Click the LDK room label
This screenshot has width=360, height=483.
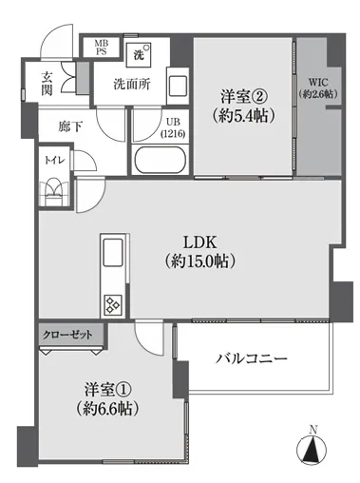[200, 242]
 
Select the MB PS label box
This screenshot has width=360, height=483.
[102, 48]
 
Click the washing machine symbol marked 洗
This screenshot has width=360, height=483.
[139, 55]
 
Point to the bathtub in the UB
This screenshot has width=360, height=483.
[160, 160]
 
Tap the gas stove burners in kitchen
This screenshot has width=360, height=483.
[113, 305]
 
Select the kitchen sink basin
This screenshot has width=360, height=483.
[113, 253]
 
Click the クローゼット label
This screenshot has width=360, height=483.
[67, 335]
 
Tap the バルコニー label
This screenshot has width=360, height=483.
[252, 358]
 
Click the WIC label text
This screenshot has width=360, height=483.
[318, 83]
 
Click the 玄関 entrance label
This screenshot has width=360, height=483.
[47, 84]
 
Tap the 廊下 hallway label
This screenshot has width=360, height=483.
[70, 126]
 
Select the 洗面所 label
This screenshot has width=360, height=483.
[132, 85]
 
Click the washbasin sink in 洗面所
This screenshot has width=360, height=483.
[178, 86]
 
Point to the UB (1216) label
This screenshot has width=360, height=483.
[173, 127]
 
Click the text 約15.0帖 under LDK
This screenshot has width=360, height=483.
[199, 261]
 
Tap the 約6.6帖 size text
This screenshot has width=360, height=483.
[107, 409]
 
